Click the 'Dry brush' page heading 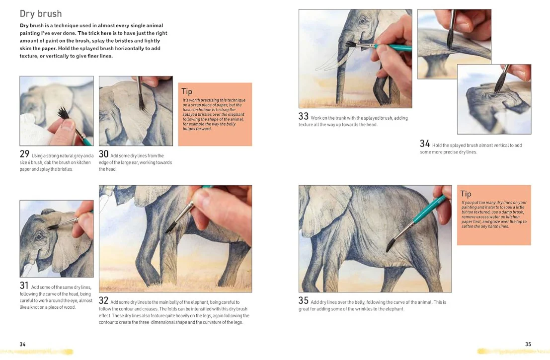[41, 14]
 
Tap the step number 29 [24, 154]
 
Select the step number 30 [103, 154]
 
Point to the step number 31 [24, 286]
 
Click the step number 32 [103, 300]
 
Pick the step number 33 [304, 116]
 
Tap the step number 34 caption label [425, 144]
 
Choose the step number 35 [304, 300]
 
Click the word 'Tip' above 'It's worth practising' [187, 91]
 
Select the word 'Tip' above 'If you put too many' [466, 194]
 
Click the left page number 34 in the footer [22, 344]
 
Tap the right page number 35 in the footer [528, 344]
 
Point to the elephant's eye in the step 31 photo [39, 236]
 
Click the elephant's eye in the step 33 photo [363, 21]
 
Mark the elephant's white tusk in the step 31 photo [26, 269]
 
